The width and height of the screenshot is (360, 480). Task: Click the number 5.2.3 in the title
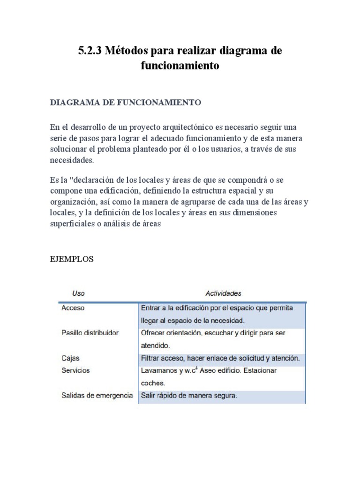coord(90,51)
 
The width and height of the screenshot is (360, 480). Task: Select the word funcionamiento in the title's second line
coord(180,66)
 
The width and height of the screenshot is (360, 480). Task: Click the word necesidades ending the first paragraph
coord(72,160)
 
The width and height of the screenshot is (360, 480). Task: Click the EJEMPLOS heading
coord(72,259)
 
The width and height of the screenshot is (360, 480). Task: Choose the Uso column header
coord(79,293)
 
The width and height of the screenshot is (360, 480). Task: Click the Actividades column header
coord(224,293)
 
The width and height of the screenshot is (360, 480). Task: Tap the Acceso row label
coord(73,308)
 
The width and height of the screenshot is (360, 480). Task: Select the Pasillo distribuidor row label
coord(90,333)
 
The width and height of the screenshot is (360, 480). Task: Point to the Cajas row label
coord(70,359)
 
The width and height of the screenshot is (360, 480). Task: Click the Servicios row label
coord(75,370)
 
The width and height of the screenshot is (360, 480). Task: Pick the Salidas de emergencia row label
coord(97,396)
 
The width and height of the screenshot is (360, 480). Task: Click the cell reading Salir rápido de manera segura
coord(189,396)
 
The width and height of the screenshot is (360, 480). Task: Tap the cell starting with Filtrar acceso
coord(220,359)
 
